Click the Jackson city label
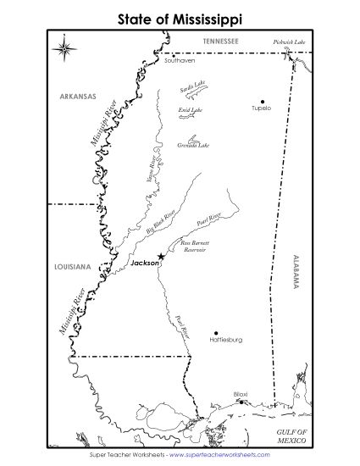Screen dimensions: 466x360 click(x=144, y=264)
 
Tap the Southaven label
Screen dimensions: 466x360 click(x=180, y=61)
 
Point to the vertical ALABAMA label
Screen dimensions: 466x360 click(x=296, y=272)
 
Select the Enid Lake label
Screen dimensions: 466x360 click(x=191, y=110)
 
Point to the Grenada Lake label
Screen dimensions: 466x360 click(x=193, y=146)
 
